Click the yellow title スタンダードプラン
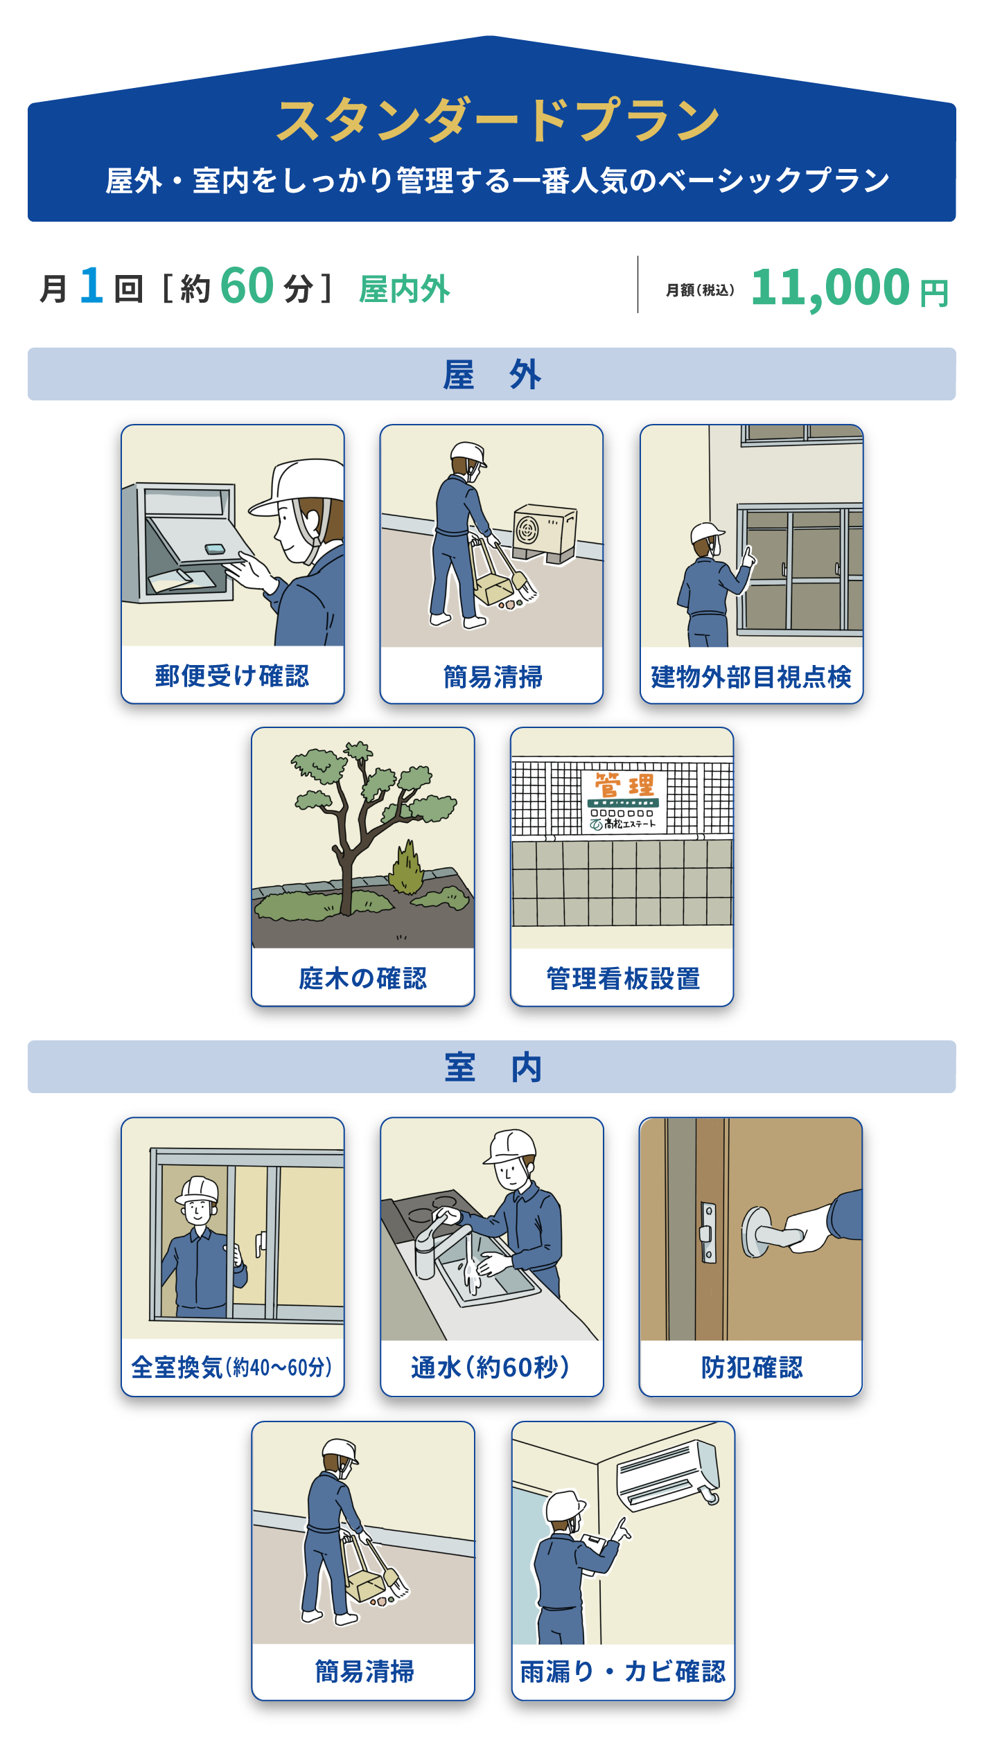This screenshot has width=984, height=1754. click(498, 121)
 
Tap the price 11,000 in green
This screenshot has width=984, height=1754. click(830, 287)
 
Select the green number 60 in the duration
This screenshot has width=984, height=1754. click(247, 286)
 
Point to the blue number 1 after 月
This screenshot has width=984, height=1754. click(91, 286)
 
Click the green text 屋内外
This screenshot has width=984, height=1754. click(405, 289)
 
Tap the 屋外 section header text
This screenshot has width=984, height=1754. click(492, 375)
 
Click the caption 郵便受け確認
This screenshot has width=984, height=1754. click(232, 675)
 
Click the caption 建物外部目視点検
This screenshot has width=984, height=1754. click(751, 677)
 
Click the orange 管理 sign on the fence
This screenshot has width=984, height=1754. click(624, 801)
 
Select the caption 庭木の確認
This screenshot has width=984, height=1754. click(363, 978)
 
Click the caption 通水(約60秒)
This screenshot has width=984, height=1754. click(491, 1367)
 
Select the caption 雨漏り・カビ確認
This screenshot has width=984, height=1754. click(623, 1672)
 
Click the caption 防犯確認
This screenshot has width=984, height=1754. click(752, 1367)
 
